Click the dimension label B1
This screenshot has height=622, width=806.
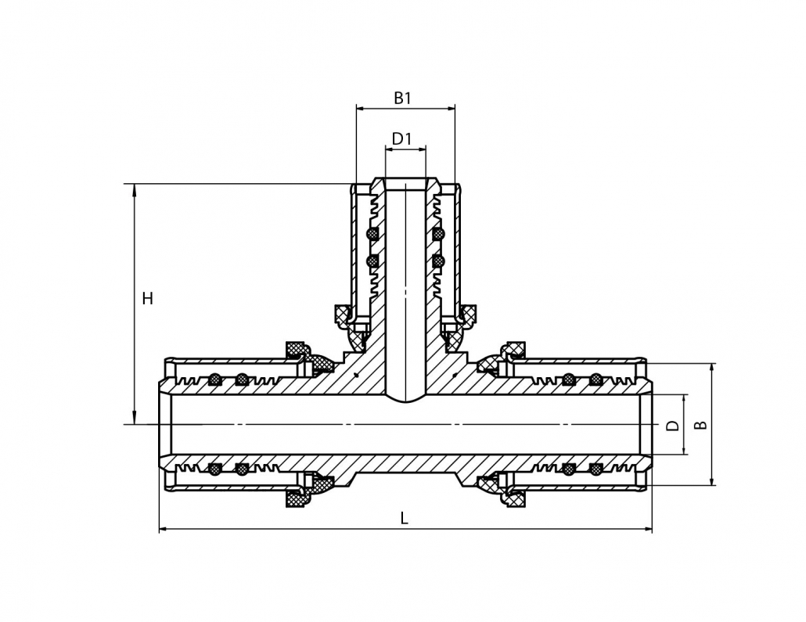402,98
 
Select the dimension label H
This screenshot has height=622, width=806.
148,298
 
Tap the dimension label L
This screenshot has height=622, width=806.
405,518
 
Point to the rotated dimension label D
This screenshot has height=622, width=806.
672,425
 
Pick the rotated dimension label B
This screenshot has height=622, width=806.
700,425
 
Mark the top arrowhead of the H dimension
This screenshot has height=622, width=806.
135,190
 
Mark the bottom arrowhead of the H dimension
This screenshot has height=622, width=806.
135,418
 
